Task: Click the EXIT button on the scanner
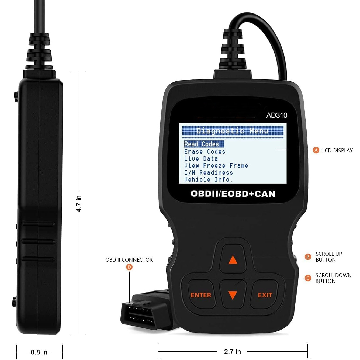[265, 295]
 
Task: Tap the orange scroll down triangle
[233, 295]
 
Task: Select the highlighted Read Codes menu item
[204, 144]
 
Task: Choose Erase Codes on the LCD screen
[205, 151]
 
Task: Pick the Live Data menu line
[201, 159]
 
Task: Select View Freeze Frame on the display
[216, 165]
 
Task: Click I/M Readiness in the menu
[209, 173]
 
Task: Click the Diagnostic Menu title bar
[233, 131]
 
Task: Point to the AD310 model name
[277, 115]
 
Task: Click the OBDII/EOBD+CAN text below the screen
[233, 194]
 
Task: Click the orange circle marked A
[316, 150]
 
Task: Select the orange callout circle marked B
[308, 257]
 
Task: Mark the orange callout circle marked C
[308, 278]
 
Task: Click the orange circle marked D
[129, 267]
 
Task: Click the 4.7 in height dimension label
[79, 204]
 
